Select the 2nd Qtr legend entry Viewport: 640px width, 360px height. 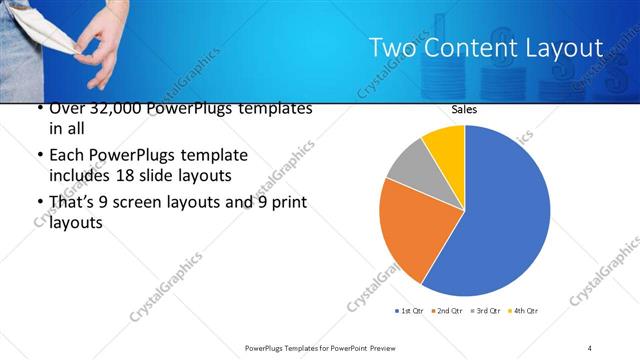click(x=445, y=310)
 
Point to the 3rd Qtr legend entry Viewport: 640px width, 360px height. click(x=484, y=310)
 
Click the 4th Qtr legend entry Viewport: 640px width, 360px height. click(x=523, y=310)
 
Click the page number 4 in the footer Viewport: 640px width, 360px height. click(x=590, y=347)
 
